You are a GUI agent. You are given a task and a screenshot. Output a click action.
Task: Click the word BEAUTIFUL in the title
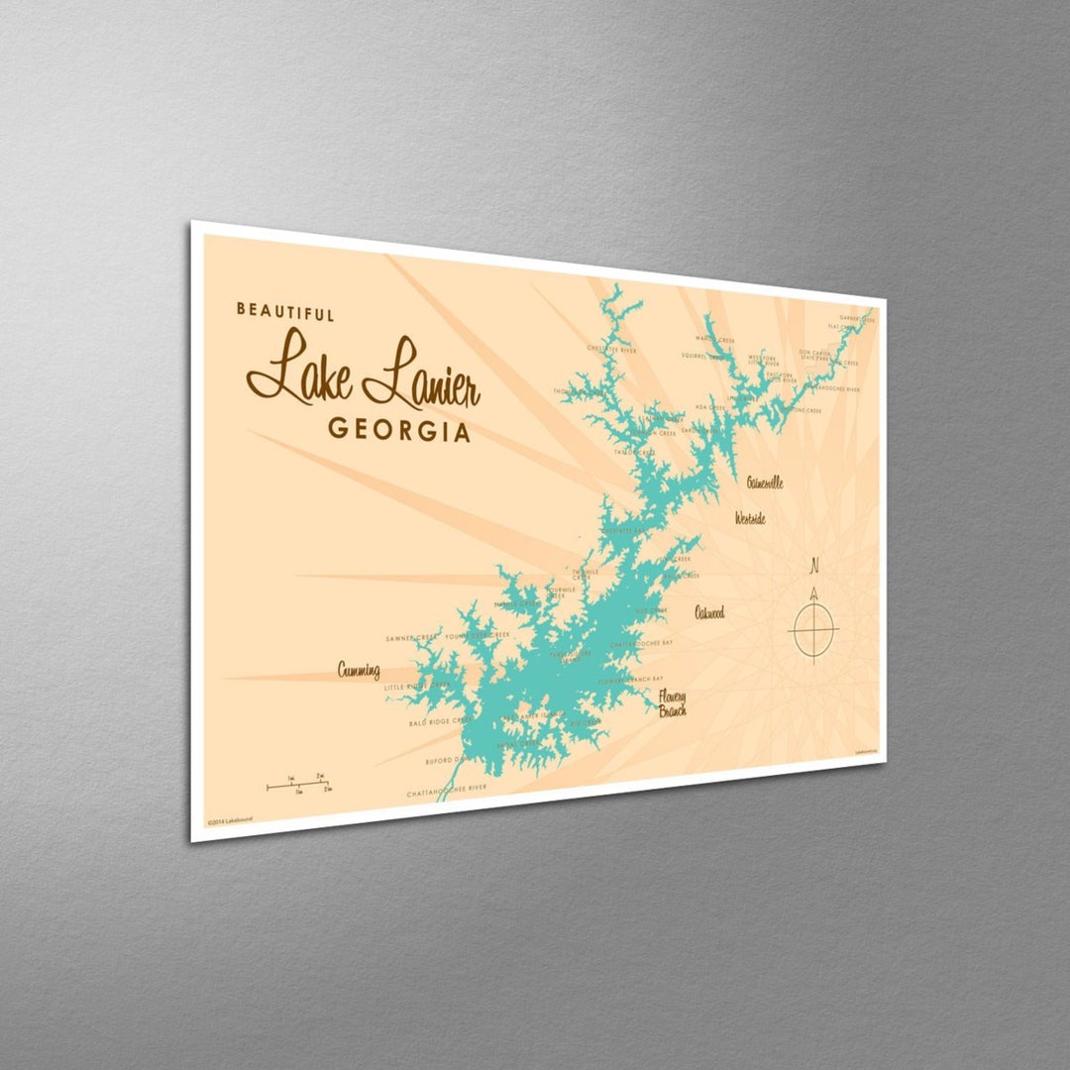(285, 312)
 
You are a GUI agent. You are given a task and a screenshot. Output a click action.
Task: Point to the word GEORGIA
(399, 430)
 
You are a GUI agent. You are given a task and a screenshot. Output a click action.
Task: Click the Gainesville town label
(765, 482)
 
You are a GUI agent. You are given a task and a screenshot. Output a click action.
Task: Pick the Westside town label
(750, 518)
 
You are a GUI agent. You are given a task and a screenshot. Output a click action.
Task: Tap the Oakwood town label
(709, 612)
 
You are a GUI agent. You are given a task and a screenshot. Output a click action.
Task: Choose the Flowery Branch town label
(671, 702)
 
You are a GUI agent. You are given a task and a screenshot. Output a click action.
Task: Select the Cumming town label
(359, 671)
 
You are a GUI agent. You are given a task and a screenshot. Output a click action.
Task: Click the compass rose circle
(813, 629)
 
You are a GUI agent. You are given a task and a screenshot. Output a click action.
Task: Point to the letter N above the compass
(814, 568)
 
